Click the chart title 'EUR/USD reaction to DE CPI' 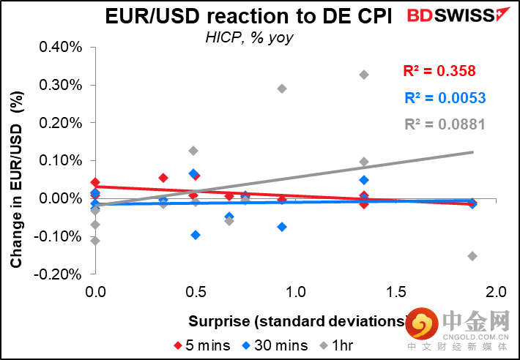pyautogui.click(x=248, y=16)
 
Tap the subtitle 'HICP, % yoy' pyautogui.click(x=249, y=37)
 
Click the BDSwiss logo pyautogui.click(x=458, y=15)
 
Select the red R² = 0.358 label pyautogui.click(x=439, y=71)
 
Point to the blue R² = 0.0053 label pyautogui.click(x=445, y=98)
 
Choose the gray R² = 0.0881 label pyautogui.click(x=445, y=124)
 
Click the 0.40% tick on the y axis pyautogui.click(x=61, y=47)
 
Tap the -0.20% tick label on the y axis pyautogui.click(x=58, y=274)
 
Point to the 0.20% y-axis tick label pyautogui.click(x=61, y=123)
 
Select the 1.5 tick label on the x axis pyautogui.click(x=396, y=292)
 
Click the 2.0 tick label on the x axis pyautogui.click(x=496, y=292)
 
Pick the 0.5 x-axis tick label pyautogui.click(x=196, y=292)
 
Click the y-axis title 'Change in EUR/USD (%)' pyautogui.click(x=16, y=179)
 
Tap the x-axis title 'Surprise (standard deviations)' pyautogui.click(x=298, y=321)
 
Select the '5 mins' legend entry pyautogui.click(x=202, y=345)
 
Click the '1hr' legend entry pyautogui.click(x=337, y=345)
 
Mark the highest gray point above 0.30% pyautogui.click(x=364, y=75)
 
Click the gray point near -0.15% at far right pyautogui.click(x=472, y=256)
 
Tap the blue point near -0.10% pyautogui.click(x=196, y=235)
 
